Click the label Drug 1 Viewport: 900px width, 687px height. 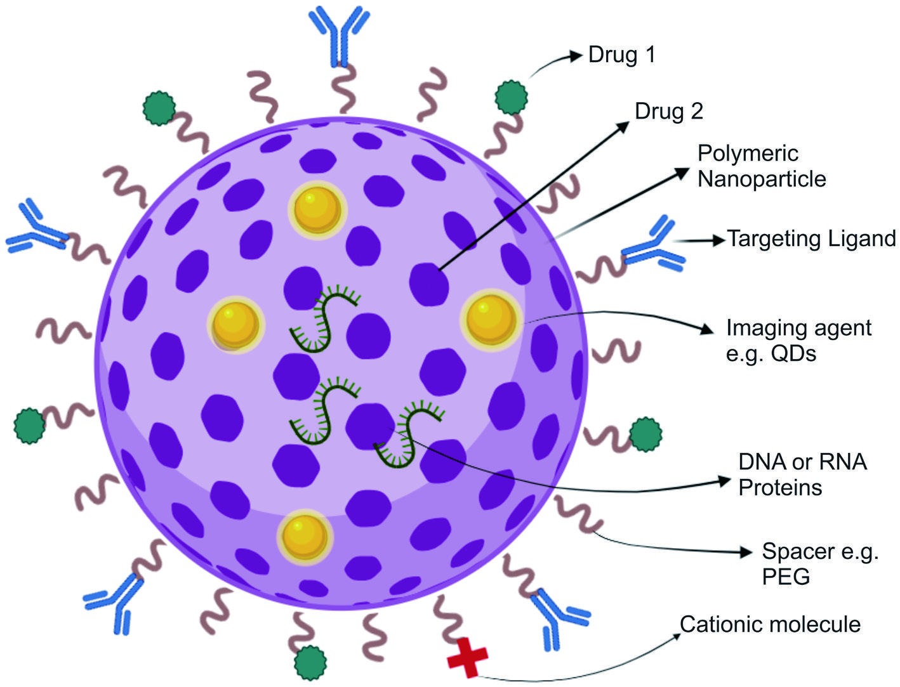[x=621, y=55]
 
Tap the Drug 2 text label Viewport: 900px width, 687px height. [x=669, y=111]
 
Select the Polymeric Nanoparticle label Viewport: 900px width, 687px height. [x=762, y=166]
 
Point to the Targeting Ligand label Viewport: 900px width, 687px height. [x=811, y=239]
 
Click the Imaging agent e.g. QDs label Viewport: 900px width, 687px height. [x=798, y=341]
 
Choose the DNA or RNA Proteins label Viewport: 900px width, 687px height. [x=803, y=474]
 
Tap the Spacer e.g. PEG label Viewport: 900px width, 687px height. [x=820, y=564]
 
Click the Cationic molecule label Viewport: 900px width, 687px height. [x=770, y=624]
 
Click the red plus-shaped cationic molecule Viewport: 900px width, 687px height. [x=467, y=657]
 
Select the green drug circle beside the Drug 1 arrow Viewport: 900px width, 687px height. [x=511, y=98]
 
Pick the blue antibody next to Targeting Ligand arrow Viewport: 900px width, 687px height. [x=652, y=244]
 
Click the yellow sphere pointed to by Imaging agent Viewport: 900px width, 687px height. [x=491, y=320]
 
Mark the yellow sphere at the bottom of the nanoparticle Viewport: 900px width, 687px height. [x=305, y=537]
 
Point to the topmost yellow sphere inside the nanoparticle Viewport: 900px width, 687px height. [x=317, y=211]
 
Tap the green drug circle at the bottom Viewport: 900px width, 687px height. [x=310, y=662]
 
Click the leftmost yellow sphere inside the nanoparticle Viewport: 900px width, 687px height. [x=235, y=325]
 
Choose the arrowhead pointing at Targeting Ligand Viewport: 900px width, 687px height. [x=718, y=240]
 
